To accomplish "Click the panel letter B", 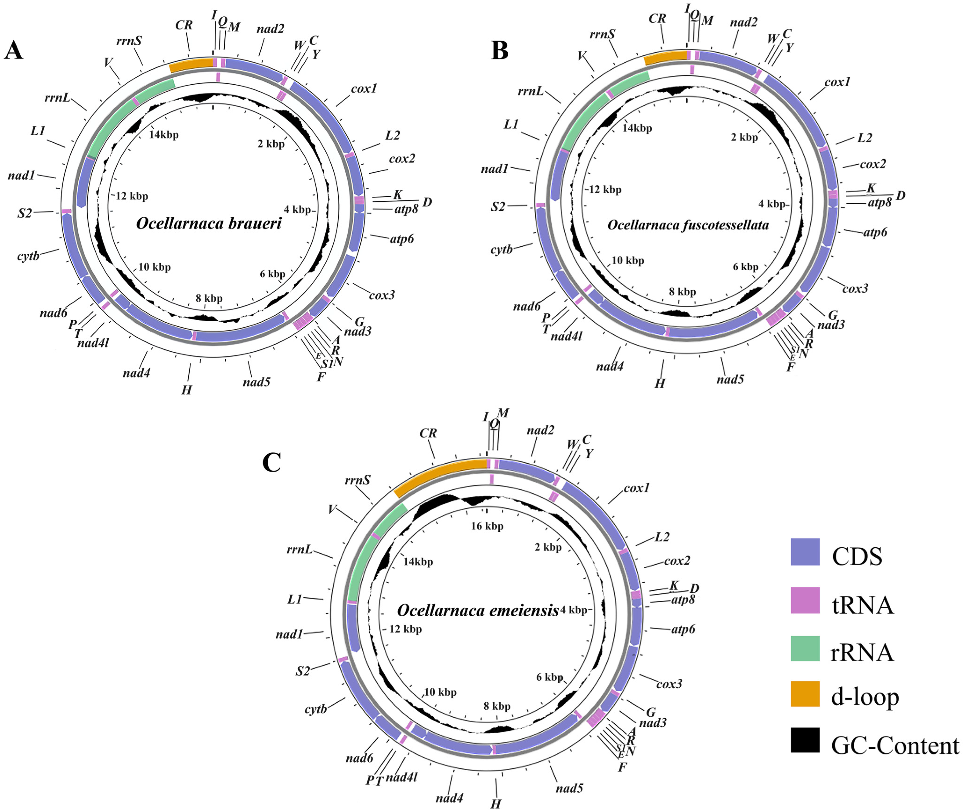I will point(499,51).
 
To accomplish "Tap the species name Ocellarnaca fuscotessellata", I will point(688,225).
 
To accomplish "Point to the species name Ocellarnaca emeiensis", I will point(477,611).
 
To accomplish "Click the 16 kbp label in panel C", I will point(487,526).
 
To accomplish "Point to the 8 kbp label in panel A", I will point(209,298).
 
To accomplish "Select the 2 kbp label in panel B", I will point(744,137).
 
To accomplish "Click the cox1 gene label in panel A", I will point(364,89).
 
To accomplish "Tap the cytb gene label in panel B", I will point(501,249).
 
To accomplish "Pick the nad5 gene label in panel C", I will point(570,789).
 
